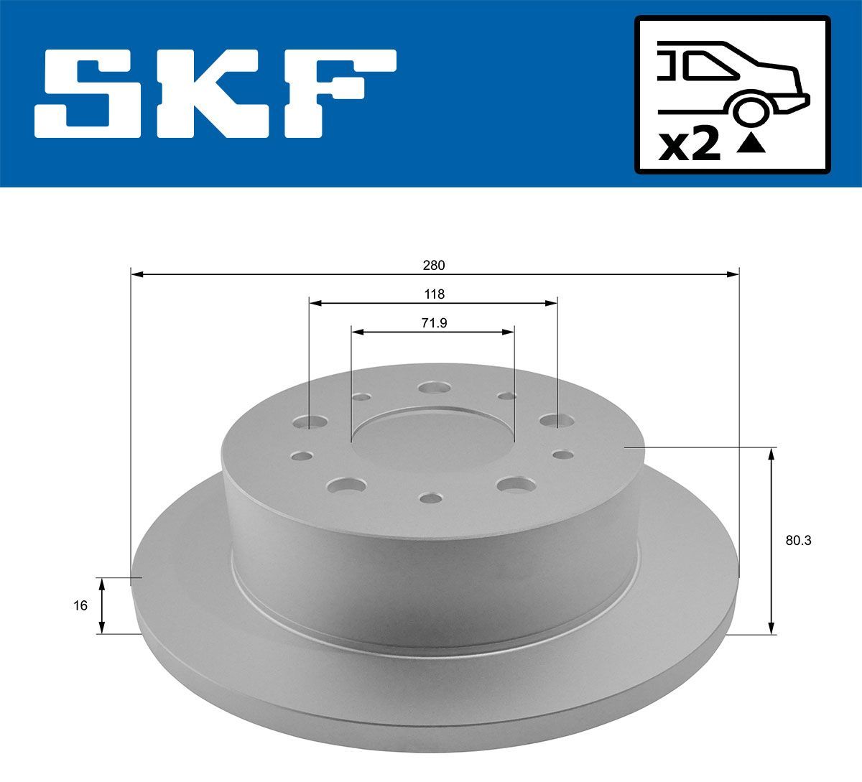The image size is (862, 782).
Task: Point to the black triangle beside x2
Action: coord(751,146)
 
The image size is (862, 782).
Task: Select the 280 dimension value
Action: coord(434,265)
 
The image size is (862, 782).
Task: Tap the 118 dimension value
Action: coord(434,294)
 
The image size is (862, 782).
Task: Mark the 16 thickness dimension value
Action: coord(80,605)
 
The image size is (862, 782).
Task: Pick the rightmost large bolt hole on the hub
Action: coord(552,421)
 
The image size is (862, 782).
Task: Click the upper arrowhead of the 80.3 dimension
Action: coord(771,453)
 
